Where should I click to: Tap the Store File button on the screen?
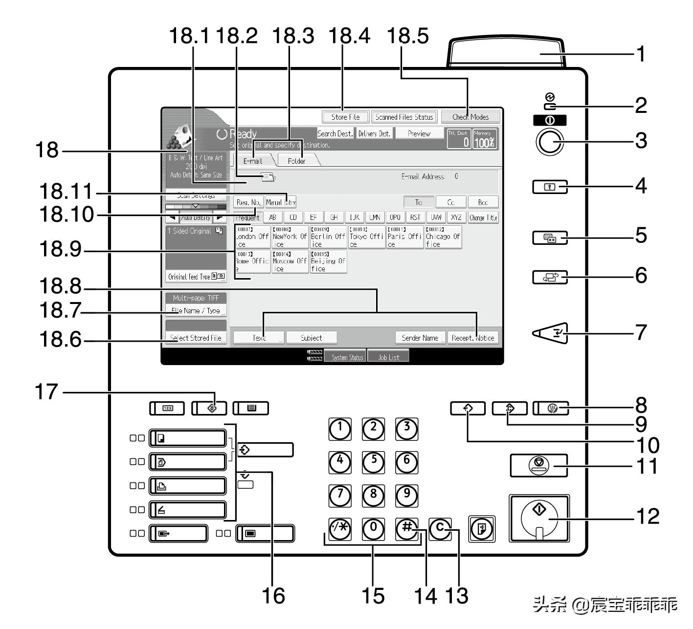coord(345,117)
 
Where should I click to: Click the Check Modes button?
coord(470,117)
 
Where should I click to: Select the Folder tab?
coord(296,160)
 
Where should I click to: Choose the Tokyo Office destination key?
coord(366,237)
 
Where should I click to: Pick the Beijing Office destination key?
coord(328,262)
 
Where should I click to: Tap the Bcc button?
coord(483,202)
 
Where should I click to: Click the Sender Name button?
coord(420,338)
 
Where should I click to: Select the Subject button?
coord(312,338)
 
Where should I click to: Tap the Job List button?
coord(388,357)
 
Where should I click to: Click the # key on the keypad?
coord(406,528)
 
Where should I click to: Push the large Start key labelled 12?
coord(539,519)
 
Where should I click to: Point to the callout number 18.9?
coord(60,250)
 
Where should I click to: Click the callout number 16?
coord(273,596)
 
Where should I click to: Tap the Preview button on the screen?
coord(419,133)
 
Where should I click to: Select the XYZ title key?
coord(456,217)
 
